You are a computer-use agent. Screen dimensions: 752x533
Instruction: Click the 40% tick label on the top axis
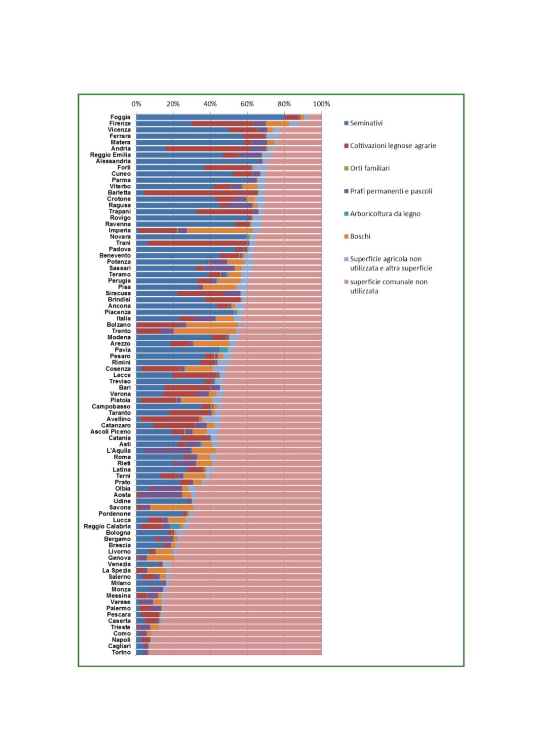coord(210,104)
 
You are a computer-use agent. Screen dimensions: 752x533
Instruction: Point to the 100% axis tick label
coord(321,104)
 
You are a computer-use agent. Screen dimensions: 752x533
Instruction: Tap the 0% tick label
coord(136,104)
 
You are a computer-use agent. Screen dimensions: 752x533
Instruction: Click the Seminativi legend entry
coord(366,123)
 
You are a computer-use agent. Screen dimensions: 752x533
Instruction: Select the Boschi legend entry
coord(360,236)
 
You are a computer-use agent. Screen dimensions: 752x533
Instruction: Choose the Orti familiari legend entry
coord(369,168)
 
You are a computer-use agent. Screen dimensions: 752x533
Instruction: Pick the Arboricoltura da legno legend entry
coord(385,214)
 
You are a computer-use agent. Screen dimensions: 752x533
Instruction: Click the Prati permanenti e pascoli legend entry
coord(391,191)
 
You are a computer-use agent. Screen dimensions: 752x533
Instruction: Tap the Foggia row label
coord(121,117)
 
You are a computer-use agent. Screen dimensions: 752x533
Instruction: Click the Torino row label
coord(121,652)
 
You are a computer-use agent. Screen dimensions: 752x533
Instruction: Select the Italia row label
coord(124,319)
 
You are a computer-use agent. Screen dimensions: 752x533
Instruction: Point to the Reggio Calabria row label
coord(107,526)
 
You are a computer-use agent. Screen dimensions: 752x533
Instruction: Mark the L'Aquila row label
coord(119,451)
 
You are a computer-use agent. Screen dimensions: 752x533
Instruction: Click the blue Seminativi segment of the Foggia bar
coord(210,117)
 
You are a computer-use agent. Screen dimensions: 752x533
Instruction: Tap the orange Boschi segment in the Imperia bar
coord(219,230)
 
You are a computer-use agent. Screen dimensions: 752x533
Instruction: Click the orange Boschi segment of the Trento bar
coord(205,331)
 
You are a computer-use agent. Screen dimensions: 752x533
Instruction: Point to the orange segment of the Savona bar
coord(172,507)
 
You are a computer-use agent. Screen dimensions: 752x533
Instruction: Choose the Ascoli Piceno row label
coord(110,432)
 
